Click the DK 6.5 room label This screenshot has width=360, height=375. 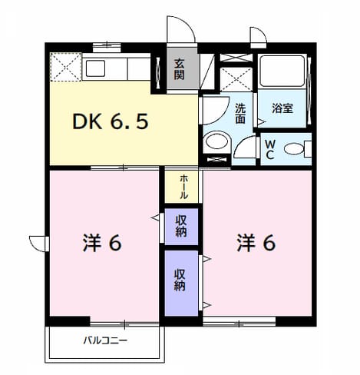[111, 122]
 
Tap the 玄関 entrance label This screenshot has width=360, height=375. [179, 69]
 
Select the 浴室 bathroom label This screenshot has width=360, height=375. [282, 108]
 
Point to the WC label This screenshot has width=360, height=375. [270, 150]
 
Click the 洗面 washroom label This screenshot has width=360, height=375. [240, 114]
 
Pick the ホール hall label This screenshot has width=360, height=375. [183, 187]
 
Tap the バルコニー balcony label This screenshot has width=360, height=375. [105, 340]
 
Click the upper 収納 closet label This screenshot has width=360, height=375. [181, 226]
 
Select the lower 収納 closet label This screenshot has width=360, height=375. [180, 280]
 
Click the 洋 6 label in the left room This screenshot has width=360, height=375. [102, 243]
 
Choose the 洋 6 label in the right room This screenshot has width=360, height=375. [256, 243]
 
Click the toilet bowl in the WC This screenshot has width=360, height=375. [294, 149]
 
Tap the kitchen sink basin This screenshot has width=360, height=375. [95, 68]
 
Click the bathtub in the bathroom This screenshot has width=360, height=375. [282, 71]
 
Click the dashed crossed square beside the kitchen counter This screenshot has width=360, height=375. [66, 67]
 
